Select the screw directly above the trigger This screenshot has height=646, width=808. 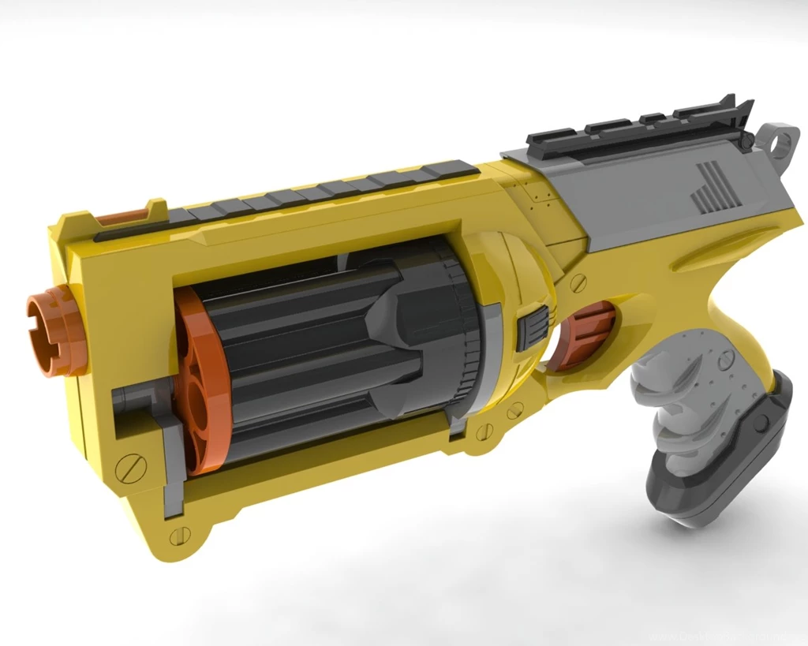coord(578,281)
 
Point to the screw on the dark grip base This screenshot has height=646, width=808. coord(760,422)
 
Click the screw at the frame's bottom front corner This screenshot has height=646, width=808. coord(179,536)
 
